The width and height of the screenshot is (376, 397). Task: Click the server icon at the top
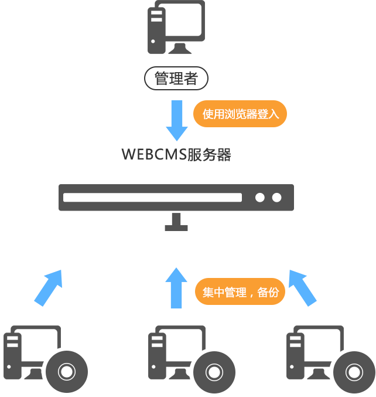click(x=176, y=27)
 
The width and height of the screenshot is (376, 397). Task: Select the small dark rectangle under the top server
click(x=176, y=78)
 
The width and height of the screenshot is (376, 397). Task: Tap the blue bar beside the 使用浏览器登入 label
click(x=176, y=120)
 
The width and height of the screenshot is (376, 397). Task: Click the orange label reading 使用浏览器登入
click(x=240, y=114)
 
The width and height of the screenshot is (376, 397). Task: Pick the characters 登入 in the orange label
click(x=268, y=114)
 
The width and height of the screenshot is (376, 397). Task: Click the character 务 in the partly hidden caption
click(x=208, y=155)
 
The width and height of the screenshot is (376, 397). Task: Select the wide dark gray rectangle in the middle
click(x=176, y=208)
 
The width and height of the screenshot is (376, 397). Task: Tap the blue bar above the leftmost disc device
click(x=48, y=288)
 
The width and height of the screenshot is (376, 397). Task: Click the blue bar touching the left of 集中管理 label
click(x=176, y=288)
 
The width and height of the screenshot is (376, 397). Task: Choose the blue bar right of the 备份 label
click(x=303, y=288)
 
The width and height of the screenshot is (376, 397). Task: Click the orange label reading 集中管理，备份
click(x=240, y=291)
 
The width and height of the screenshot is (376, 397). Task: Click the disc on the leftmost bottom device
click(x=66, y=371)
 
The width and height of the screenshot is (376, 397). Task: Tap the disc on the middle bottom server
click(x=214, y=372)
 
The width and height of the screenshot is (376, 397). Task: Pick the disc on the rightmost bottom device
click(x=353, y=372)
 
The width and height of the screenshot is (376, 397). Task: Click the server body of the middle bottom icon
click(x=170, y=349)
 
